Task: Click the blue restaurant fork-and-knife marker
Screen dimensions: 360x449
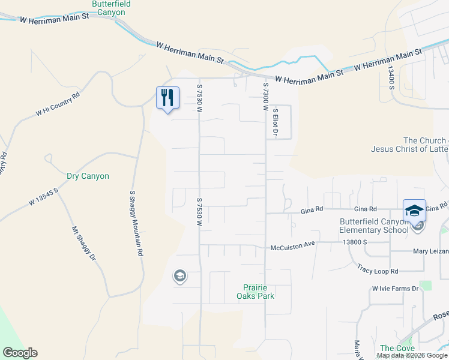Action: point(167,98)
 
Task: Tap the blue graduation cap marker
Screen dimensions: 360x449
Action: point(414,211)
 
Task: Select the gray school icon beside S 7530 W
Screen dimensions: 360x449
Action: point(179,276)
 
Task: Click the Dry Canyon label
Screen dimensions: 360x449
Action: point(88,176)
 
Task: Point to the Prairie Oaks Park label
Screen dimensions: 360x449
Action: point(259,292)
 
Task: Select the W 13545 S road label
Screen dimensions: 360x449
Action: point(42,197)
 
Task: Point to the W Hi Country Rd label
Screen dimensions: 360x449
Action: point(58,104)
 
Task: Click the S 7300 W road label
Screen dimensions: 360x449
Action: point(264,96)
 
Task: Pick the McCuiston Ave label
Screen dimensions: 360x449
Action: point(292,245)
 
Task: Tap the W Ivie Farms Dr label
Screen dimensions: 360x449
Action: point(394,289)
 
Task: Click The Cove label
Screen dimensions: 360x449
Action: point(397,348)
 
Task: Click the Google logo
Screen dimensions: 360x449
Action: point(20,353)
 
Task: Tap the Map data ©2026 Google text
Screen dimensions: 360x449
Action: point(411,355)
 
